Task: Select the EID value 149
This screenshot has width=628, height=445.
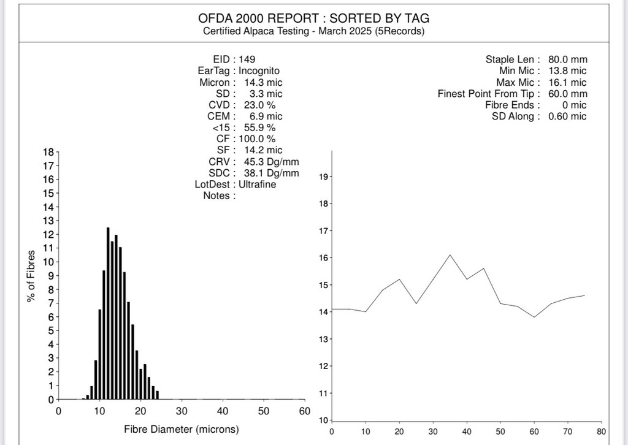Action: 247,59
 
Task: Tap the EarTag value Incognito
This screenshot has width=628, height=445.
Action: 259,70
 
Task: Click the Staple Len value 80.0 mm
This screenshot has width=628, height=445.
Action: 567,59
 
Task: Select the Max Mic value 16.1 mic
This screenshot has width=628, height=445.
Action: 567,82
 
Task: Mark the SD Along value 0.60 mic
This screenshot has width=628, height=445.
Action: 567,116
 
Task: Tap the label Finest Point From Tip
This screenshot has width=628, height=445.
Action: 488,94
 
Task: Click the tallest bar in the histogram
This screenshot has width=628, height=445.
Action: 108,313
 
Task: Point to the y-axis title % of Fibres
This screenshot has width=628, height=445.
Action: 30,275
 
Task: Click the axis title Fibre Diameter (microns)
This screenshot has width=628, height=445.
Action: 182,429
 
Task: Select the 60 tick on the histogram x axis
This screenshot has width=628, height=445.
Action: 304,411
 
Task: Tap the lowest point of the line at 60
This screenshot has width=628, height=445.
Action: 534,317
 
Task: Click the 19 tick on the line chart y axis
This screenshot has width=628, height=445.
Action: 324,177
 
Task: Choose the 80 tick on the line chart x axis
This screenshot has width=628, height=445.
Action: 601,431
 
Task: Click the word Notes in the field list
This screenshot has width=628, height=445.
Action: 216,196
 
